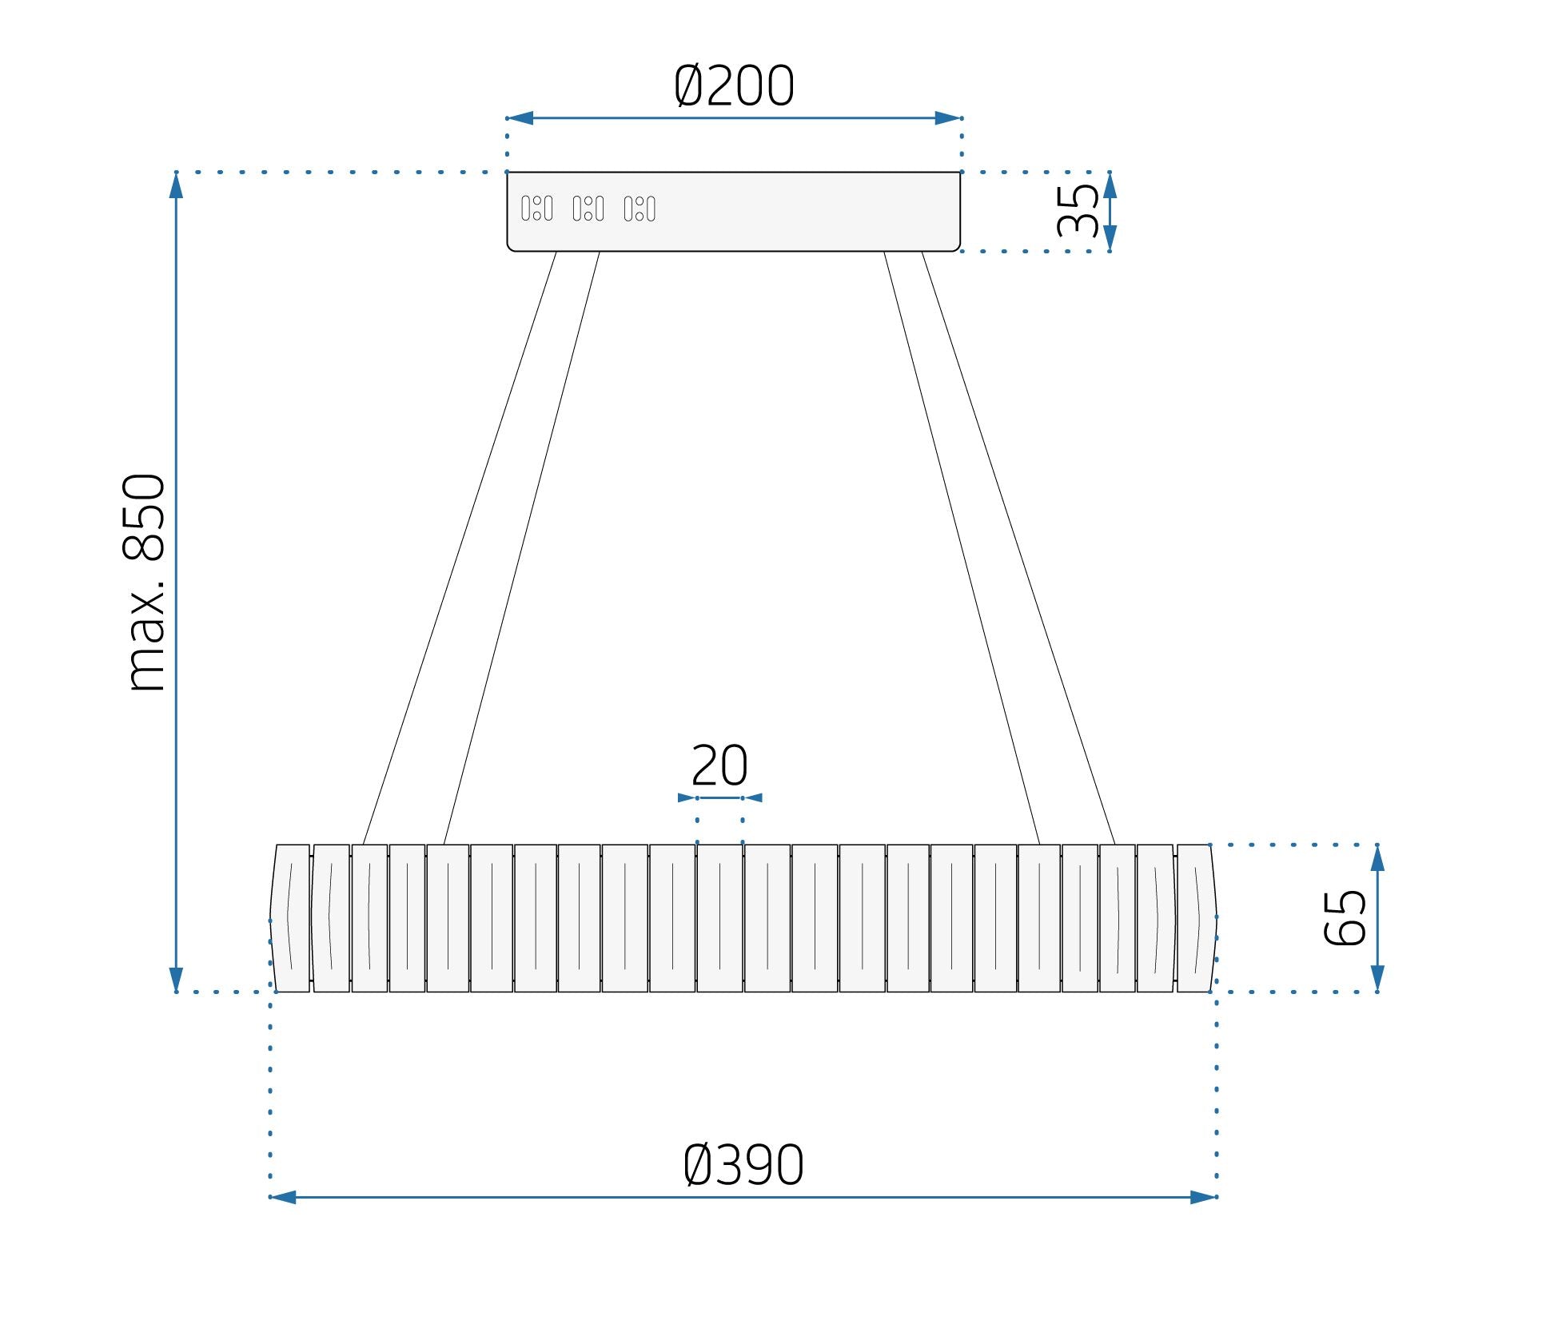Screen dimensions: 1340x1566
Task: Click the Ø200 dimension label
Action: pos(734,85)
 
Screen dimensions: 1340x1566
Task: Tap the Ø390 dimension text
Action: pos(743,1166)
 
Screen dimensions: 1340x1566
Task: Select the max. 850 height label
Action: pos(145,583)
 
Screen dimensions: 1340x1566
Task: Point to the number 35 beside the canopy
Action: pos(1077,211)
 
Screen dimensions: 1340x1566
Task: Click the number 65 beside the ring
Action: pos(1345,917)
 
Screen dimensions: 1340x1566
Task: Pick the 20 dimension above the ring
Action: pos(719,766)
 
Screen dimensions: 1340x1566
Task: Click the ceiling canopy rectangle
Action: pos(734,212)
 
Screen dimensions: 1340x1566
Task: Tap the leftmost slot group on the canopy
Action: pos(537,209)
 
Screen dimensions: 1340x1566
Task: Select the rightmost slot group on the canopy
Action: pos(640,209)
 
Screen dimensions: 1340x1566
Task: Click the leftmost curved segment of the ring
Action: pos(290,918)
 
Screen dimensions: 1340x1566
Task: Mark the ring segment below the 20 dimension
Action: pos(719,918)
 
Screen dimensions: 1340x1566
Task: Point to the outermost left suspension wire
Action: pos(460,548)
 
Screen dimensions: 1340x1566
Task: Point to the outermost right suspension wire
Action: pos(1018,548)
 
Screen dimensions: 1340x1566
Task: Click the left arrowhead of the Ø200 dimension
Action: pos(520,118)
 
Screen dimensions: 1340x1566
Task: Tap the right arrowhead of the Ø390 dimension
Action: pos(1203,1197)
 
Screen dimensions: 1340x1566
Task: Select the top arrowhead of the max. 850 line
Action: pos(176,185)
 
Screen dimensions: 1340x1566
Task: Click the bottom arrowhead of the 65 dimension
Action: pos(1377,978)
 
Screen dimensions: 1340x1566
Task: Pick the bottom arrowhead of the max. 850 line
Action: pos(176,979)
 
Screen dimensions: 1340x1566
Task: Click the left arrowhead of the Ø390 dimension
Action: pos(284,1197)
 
